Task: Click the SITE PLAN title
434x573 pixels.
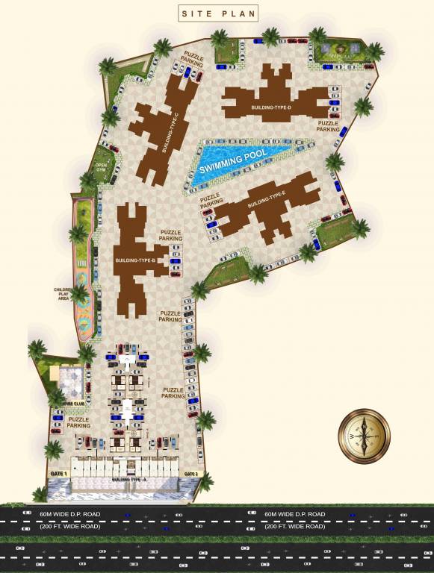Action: pyautogui.click(x=217, y=13)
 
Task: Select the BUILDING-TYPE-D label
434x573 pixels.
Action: pyautogui.click(x=271, y=108)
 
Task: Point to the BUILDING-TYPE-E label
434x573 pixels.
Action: pyautogui.click(x=267, y=199)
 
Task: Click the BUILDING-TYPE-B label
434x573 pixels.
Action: pyautogui.click(x=134, y=260)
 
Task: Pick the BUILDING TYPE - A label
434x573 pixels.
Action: pyautogui.click(x=129, y=478)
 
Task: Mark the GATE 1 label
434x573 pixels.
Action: pyautogui.click(x=58, y=474)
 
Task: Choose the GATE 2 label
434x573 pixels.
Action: pyautogui.click(x=190, y=474)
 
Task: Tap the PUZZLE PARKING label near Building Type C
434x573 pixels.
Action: pyautogui.click(x=193, y=59)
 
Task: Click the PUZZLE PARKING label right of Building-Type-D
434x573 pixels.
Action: pyautogui.click(x=328, y=126)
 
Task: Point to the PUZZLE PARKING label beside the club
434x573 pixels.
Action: pyautogui.click(x=79, y=423)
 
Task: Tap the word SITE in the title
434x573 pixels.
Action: pyautogui.click(x=197, y=13)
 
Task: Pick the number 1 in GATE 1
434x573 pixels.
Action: pyautogui.click(x=66, y=474)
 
